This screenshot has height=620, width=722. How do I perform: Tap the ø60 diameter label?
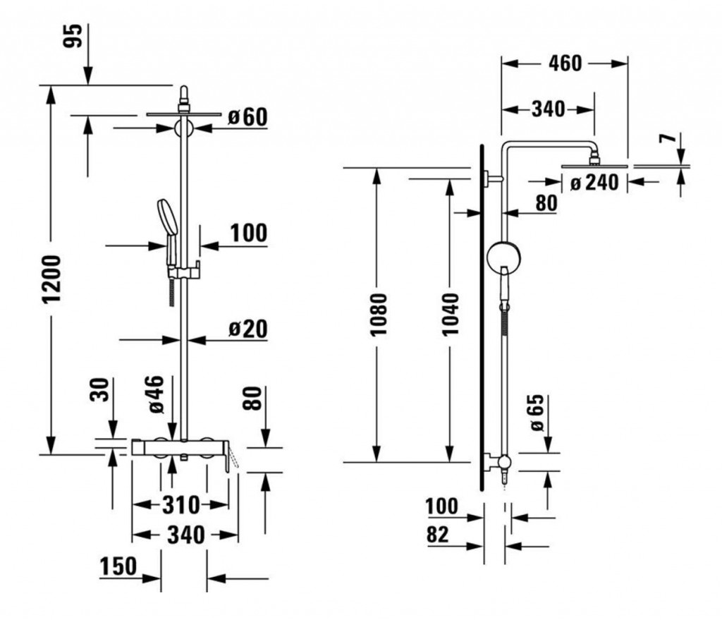tap(247, 116)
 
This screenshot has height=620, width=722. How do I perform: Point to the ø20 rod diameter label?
tap(247, 329)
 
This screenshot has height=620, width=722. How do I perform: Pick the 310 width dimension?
tap(181, 505)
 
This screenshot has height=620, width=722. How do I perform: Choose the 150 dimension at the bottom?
tap(118, 567)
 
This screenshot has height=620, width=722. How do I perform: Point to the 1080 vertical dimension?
tap(378, 315)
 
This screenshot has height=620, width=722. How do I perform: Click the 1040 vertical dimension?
tap(450, 315)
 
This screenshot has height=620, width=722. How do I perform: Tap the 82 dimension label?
tap(438, 534)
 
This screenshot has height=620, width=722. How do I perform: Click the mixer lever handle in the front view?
tap(229, 462)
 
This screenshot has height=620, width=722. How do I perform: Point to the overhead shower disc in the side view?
tap(594, 166)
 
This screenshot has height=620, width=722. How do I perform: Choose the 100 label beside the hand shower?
tap(247, 233)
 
